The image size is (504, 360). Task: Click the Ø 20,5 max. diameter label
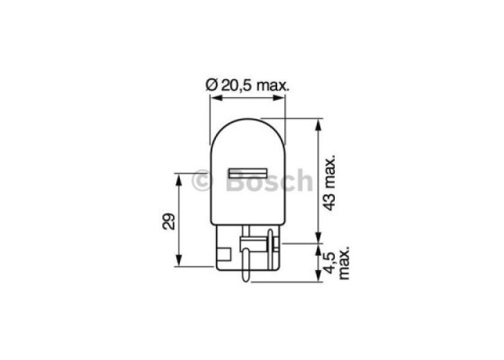pyautogui.click(x=248, y=86)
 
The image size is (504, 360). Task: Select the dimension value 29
pyautogui.click(x=169, y=222)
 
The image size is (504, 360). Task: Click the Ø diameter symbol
pyautogui.click(x=211, y=86)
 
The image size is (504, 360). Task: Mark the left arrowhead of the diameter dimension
pyautogui.click(x=216, y=98)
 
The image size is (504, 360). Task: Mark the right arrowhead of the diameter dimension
pyautogui.click(x=279, y=98)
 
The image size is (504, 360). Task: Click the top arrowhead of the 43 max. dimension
pyautogui.click(x=318, y=125)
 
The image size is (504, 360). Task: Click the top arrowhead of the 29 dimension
pyautogui.click(x=179, y=179)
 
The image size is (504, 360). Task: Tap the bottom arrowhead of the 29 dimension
pyautogui.click(x=179, y=260)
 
